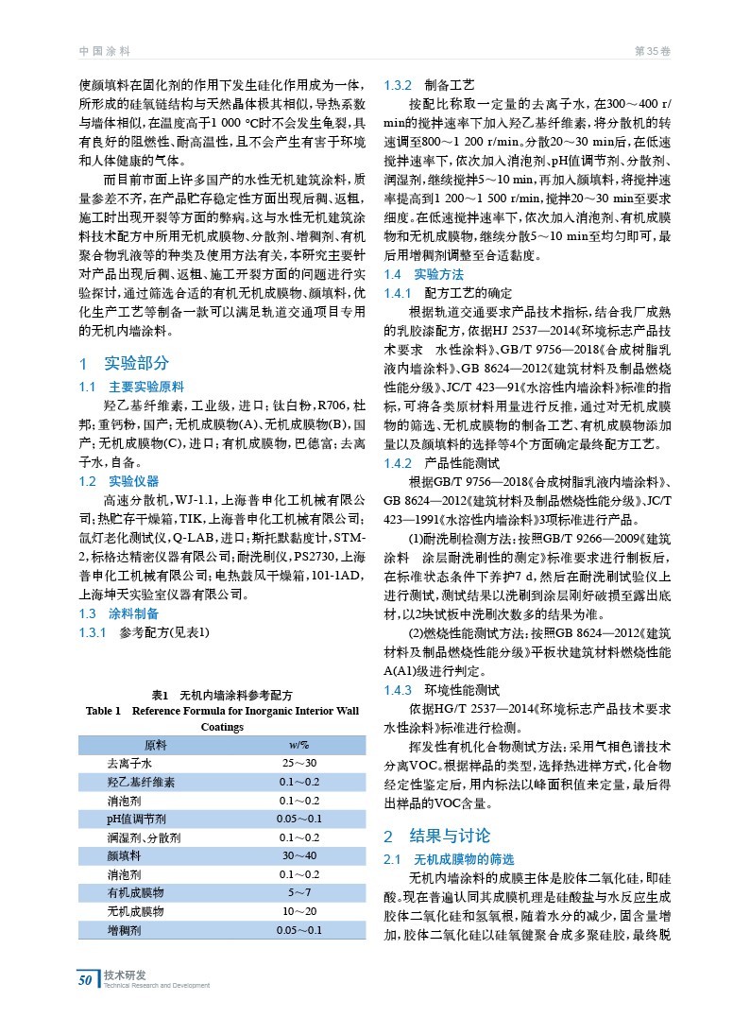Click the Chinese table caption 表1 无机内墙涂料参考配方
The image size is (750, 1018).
point(222,694)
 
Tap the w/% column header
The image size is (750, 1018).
point(298,745)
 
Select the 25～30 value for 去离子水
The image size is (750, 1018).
point(299,763)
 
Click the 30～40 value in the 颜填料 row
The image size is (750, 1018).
point(299,854)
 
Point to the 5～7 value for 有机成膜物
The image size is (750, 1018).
point(299,892)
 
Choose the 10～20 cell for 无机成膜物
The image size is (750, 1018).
point(299,911)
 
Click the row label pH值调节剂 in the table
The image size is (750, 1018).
point(137,819)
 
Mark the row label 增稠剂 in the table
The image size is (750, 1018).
point(124,930)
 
